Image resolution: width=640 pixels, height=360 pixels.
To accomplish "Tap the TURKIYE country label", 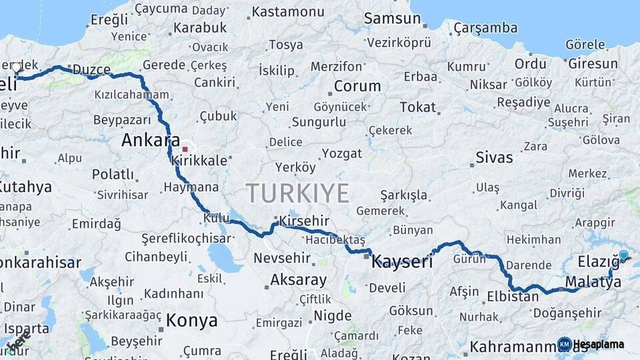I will [x=298, y=193].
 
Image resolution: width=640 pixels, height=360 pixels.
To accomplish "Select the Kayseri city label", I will [x=401, y=261].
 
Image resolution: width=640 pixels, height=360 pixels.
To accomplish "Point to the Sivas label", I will [x=494, y=158].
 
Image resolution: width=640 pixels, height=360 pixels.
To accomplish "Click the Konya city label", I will [x=191, y=321].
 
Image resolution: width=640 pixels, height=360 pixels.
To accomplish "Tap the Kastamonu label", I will [x=288, y=12].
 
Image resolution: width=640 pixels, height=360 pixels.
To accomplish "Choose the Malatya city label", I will [x=593, y=283].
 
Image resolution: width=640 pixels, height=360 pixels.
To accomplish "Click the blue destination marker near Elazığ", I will [x=623, y=255].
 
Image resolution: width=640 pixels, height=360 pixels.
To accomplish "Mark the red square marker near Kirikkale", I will [x=185, y=149].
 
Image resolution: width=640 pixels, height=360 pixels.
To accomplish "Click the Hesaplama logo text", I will [x=598, y=344].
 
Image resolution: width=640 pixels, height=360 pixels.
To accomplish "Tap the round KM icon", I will [x=564, y=344].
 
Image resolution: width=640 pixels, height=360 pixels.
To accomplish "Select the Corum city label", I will [x=357, y=86].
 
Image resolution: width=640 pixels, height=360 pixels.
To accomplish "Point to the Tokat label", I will [x=417, y=107].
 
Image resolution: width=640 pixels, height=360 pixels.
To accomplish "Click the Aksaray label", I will [x=298, y=280].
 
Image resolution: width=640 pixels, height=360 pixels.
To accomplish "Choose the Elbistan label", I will [x=513, y=297].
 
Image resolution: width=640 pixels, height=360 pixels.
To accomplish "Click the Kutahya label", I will [x=25, y=187].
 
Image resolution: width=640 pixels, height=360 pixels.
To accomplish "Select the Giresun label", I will [x=593, y=64].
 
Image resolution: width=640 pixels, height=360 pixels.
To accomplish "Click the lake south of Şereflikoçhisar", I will [x=224, y=257].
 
